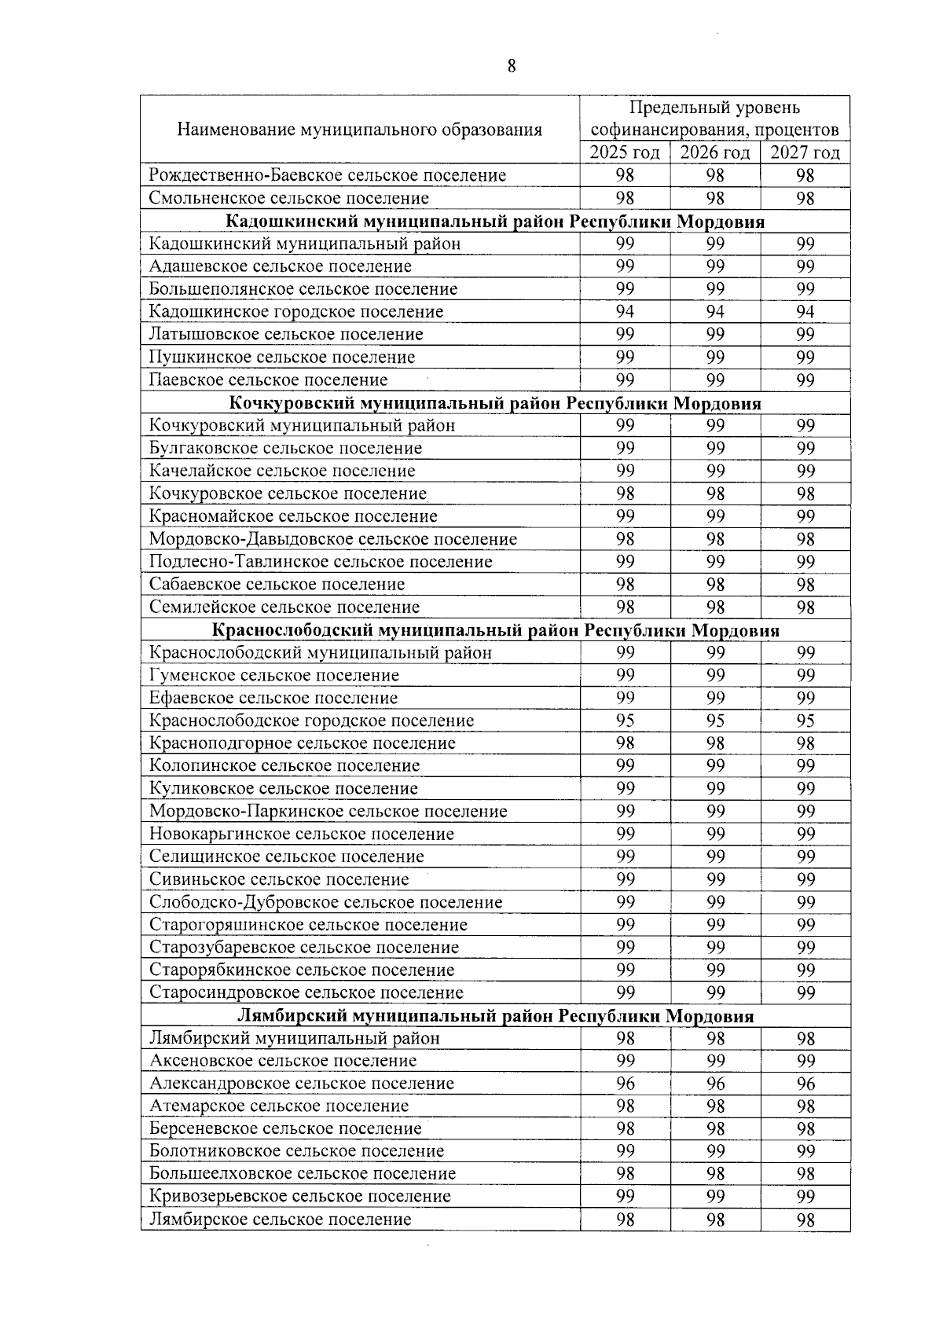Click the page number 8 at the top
click(x=512, y=66)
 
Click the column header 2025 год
click(x=625, y=152)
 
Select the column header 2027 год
click(x=805, y=152)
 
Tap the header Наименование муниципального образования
click(x=359, y=130)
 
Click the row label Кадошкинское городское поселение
click(x=296, y=312)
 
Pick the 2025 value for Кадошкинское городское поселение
click(x=625, y=312)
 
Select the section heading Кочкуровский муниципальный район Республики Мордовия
click(x=495, y=403)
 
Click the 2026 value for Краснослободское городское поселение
click(x=714, y=721)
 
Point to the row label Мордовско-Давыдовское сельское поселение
click(x=333, y=539)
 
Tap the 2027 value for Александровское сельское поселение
click(x=805, y=1084)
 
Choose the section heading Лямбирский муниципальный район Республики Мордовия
click(x=495, y=1016)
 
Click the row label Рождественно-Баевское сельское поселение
click(x=328, y=175)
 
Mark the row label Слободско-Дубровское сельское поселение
click(x=325, y=902)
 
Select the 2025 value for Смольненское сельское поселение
click(x=625, y=198)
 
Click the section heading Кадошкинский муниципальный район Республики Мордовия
click(x=495, y=222)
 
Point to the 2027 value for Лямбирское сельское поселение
click(x=805, y=1220)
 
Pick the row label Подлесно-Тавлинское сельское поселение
click(x=321, y=562)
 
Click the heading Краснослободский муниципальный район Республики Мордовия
click(x=495, y=630)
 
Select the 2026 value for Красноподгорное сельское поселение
click(x=714, y=743)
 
